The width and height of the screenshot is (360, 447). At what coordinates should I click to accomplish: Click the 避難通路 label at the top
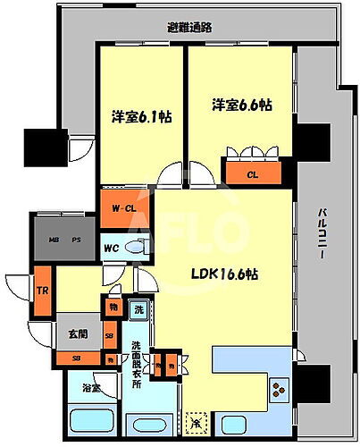pyautogui.click(x=189, y=27)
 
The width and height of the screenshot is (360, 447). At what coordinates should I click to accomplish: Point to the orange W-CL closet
pyautogui.click(x=123, y=208)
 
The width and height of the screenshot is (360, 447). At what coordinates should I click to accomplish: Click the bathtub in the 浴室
pyautogui.click(x=92, y=420)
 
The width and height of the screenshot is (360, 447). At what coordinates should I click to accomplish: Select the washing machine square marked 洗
pyautogui.click(x=138, y=309)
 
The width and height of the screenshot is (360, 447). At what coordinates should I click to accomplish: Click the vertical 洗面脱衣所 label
pyautogui.click(x=137, y=365)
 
